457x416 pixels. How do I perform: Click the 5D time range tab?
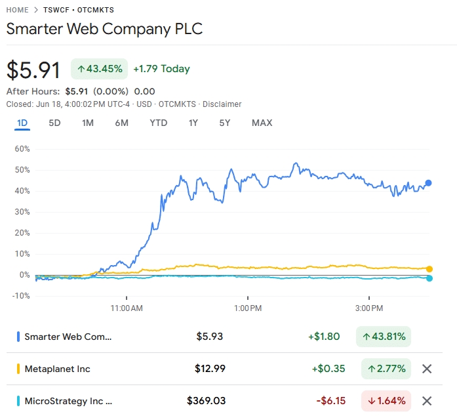[x=54, y=123]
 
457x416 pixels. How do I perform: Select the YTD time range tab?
[x=158, y=123]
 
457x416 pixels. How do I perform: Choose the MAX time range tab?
[x=262, y=123]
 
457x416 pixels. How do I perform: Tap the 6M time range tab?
[x=121, y=123]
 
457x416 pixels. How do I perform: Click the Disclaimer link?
[x=222, y=104]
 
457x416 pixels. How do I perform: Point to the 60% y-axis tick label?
[x=22, y=149]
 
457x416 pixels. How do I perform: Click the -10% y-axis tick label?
[x=22, y=296]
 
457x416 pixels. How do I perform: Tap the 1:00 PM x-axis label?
[x=248, y=308]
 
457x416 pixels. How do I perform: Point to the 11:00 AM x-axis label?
[x=127, y=308]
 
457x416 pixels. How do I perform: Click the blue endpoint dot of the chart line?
[x=429, y=183]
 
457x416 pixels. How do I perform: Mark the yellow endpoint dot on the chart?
[x=429, y=269]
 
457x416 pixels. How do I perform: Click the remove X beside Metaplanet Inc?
[x=427, y=369]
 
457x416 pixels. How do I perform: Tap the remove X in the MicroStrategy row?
[x=427, y=401]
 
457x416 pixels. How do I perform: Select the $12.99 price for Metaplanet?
[x=210, y=369]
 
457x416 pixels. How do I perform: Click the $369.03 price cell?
[x=206, y=401]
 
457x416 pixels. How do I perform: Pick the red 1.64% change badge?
[x=386, y=401]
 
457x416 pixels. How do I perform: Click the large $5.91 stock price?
[x=33, y=70]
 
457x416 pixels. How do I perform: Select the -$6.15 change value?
[x=330, y=401]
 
